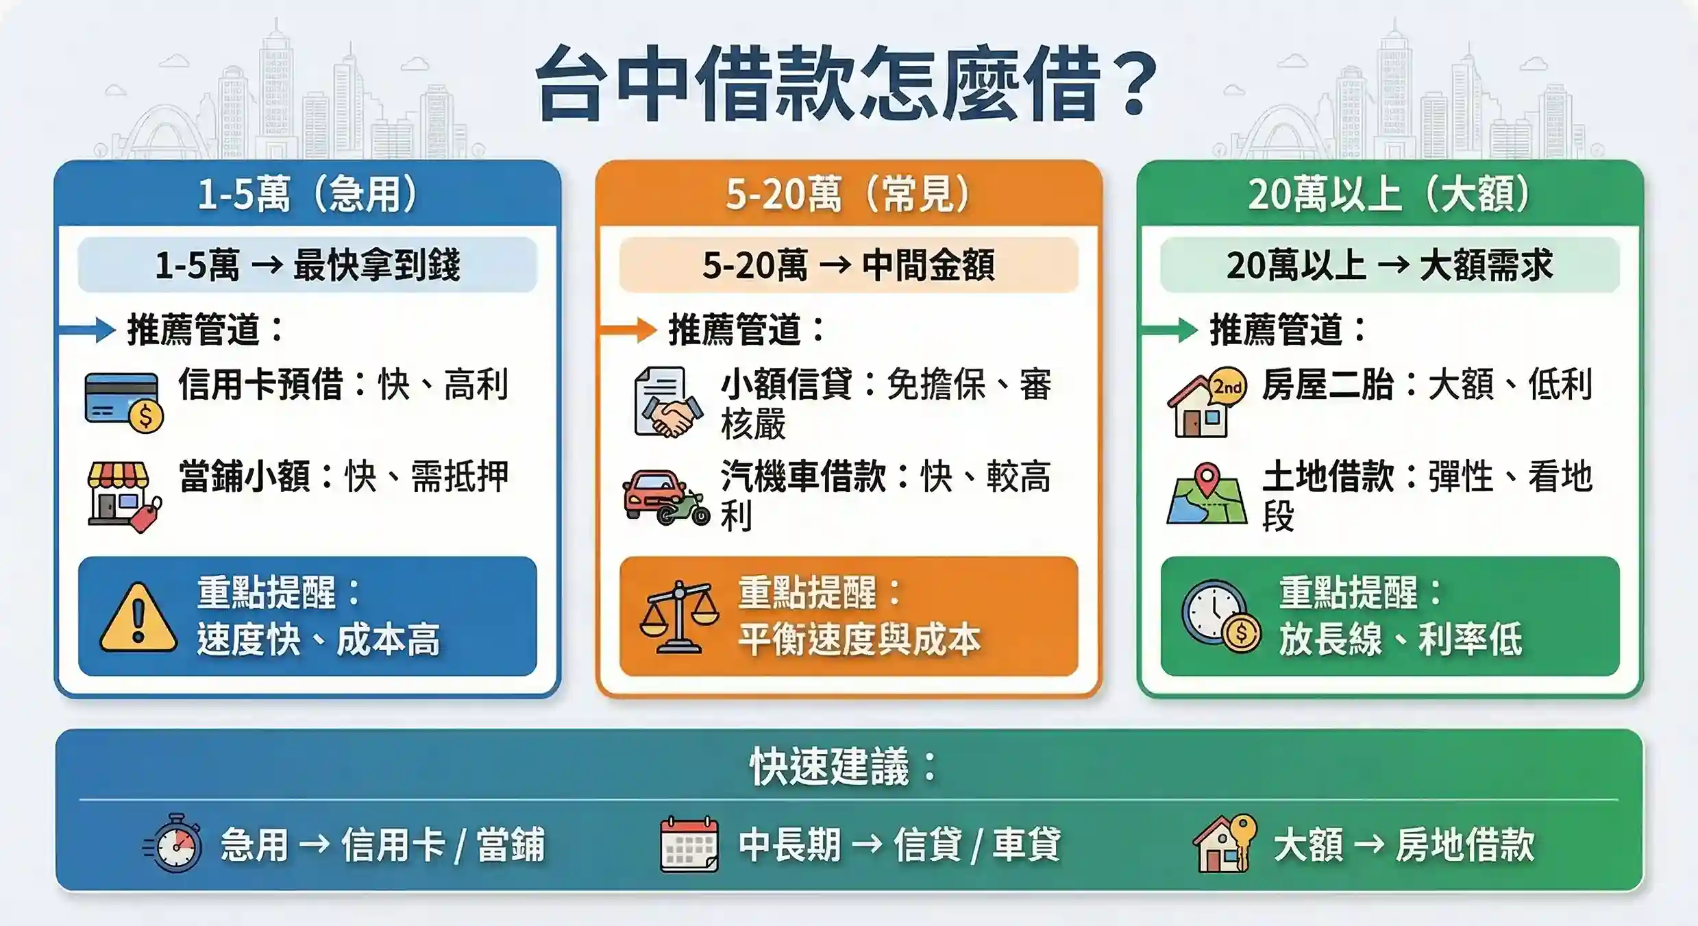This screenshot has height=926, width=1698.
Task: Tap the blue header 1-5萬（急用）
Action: click(307, 194)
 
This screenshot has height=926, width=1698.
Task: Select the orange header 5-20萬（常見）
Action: click(848, 194)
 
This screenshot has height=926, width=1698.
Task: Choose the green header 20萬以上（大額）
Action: click(1390, 194)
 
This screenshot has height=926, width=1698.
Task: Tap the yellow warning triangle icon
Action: click(138, 618)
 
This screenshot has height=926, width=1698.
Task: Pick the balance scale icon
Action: click(678, 617)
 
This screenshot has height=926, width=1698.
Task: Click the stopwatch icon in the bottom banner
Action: click(174, 844)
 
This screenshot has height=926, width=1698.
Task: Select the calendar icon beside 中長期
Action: click(689, 844)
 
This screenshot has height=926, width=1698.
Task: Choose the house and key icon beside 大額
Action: click(1225, 844)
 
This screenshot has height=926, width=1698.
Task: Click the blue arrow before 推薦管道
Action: click(88, 330)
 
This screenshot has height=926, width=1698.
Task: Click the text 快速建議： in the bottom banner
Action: click(843, 766)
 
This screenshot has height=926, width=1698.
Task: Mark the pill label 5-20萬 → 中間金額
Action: click(848, 265)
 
